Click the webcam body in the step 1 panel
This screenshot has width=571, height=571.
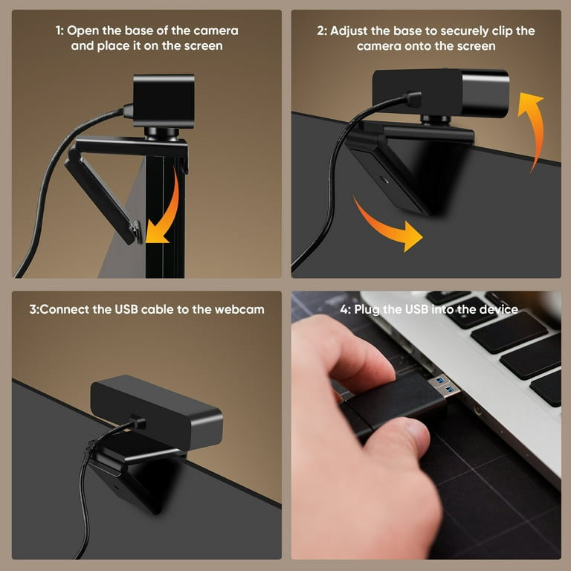(x=164, y=100)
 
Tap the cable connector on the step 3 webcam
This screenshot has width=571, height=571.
(x=135, y=423)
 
